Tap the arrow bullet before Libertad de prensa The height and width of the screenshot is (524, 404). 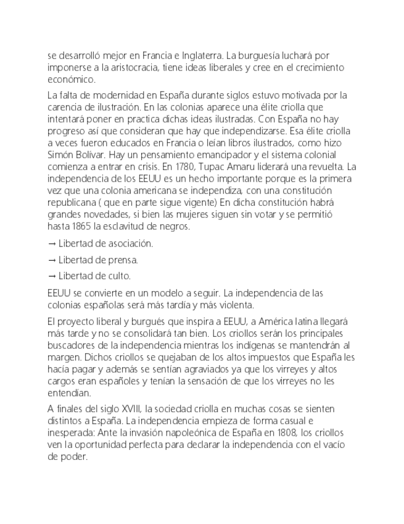(52, 260)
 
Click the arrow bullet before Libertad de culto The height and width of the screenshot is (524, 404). (52, 276)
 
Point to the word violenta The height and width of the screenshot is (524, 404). (231, 305)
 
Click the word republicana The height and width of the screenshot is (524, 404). (73, 202)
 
